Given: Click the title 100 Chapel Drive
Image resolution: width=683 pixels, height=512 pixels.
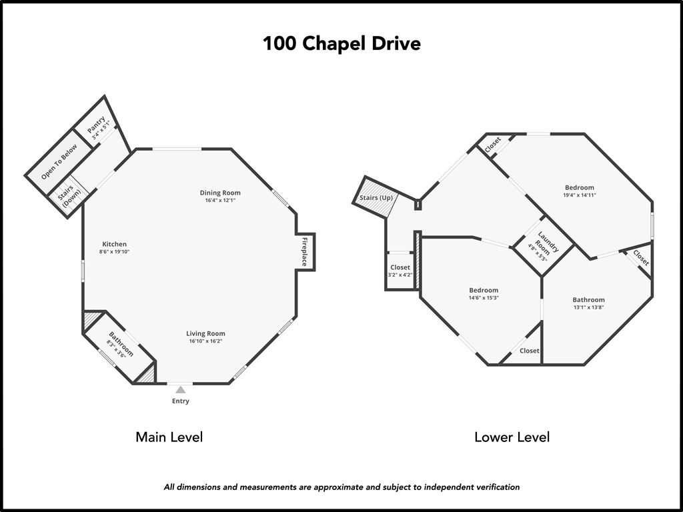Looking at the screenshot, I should click(341, 44).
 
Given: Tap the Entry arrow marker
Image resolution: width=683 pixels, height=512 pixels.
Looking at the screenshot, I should click(180, 389).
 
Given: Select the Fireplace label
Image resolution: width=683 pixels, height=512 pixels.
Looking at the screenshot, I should click(305, 251).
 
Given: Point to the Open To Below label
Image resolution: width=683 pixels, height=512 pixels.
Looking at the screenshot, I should click(59, 162).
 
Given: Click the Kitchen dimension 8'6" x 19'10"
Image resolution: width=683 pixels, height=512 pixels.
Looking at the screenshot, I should click(114, 252).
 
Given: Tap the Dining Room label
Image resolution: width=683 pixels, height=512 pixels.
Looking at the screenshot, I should click(220, 193).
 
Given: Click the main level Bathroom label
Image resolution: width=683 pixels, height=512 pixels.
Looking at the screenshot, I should click(120, 345).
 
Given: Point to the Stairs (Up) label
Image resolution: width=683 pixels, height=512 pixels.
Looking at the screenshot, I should click(376, 198).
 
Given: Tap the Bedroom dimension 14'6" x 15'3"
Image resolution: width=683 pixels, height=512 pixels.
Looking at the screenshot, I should click(484, 298).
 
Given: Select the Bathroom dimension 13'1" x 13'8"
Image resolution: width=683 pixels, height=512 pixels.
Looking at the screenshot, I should click(588, 307).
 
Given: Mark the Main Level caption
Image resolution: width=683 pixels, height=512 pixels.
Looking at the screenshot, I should click(169, 437).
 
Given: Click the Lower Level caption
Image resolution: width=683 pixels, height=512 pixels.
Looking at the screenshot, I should click(512, 437).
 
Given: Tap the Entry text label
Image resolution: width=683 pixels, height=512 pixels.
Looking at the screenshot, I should click(181, 401).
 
